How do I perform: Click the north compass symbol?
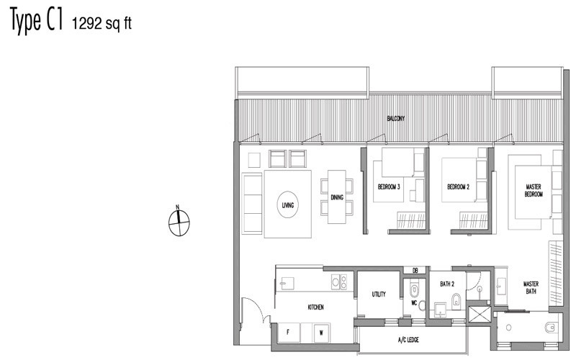179,222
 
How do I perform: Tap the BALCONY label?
395,119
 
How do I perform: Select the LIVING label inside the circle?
287,205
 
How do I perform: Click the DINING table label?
337,197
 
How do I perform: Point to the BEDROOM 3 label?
389,187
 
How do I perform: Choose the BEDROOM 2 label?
458,187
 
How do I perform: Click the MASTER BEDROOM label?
534,190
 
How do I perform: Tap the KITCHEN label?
315,307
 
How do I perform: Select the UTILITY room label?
379,294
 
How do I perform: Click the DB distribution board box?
415,271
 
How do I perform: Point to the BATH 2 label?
447,284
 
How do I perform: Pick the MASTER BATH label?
531,287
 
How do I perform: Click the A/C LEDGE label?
408,340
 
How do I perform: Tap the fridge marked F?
289,333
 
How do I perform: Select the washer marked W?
321,333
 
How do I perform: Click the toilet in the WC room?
414,289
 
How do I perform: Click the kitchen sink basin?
287,283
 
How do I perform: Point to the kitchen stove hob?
339,282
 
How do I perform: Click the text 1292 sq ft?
102,24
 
